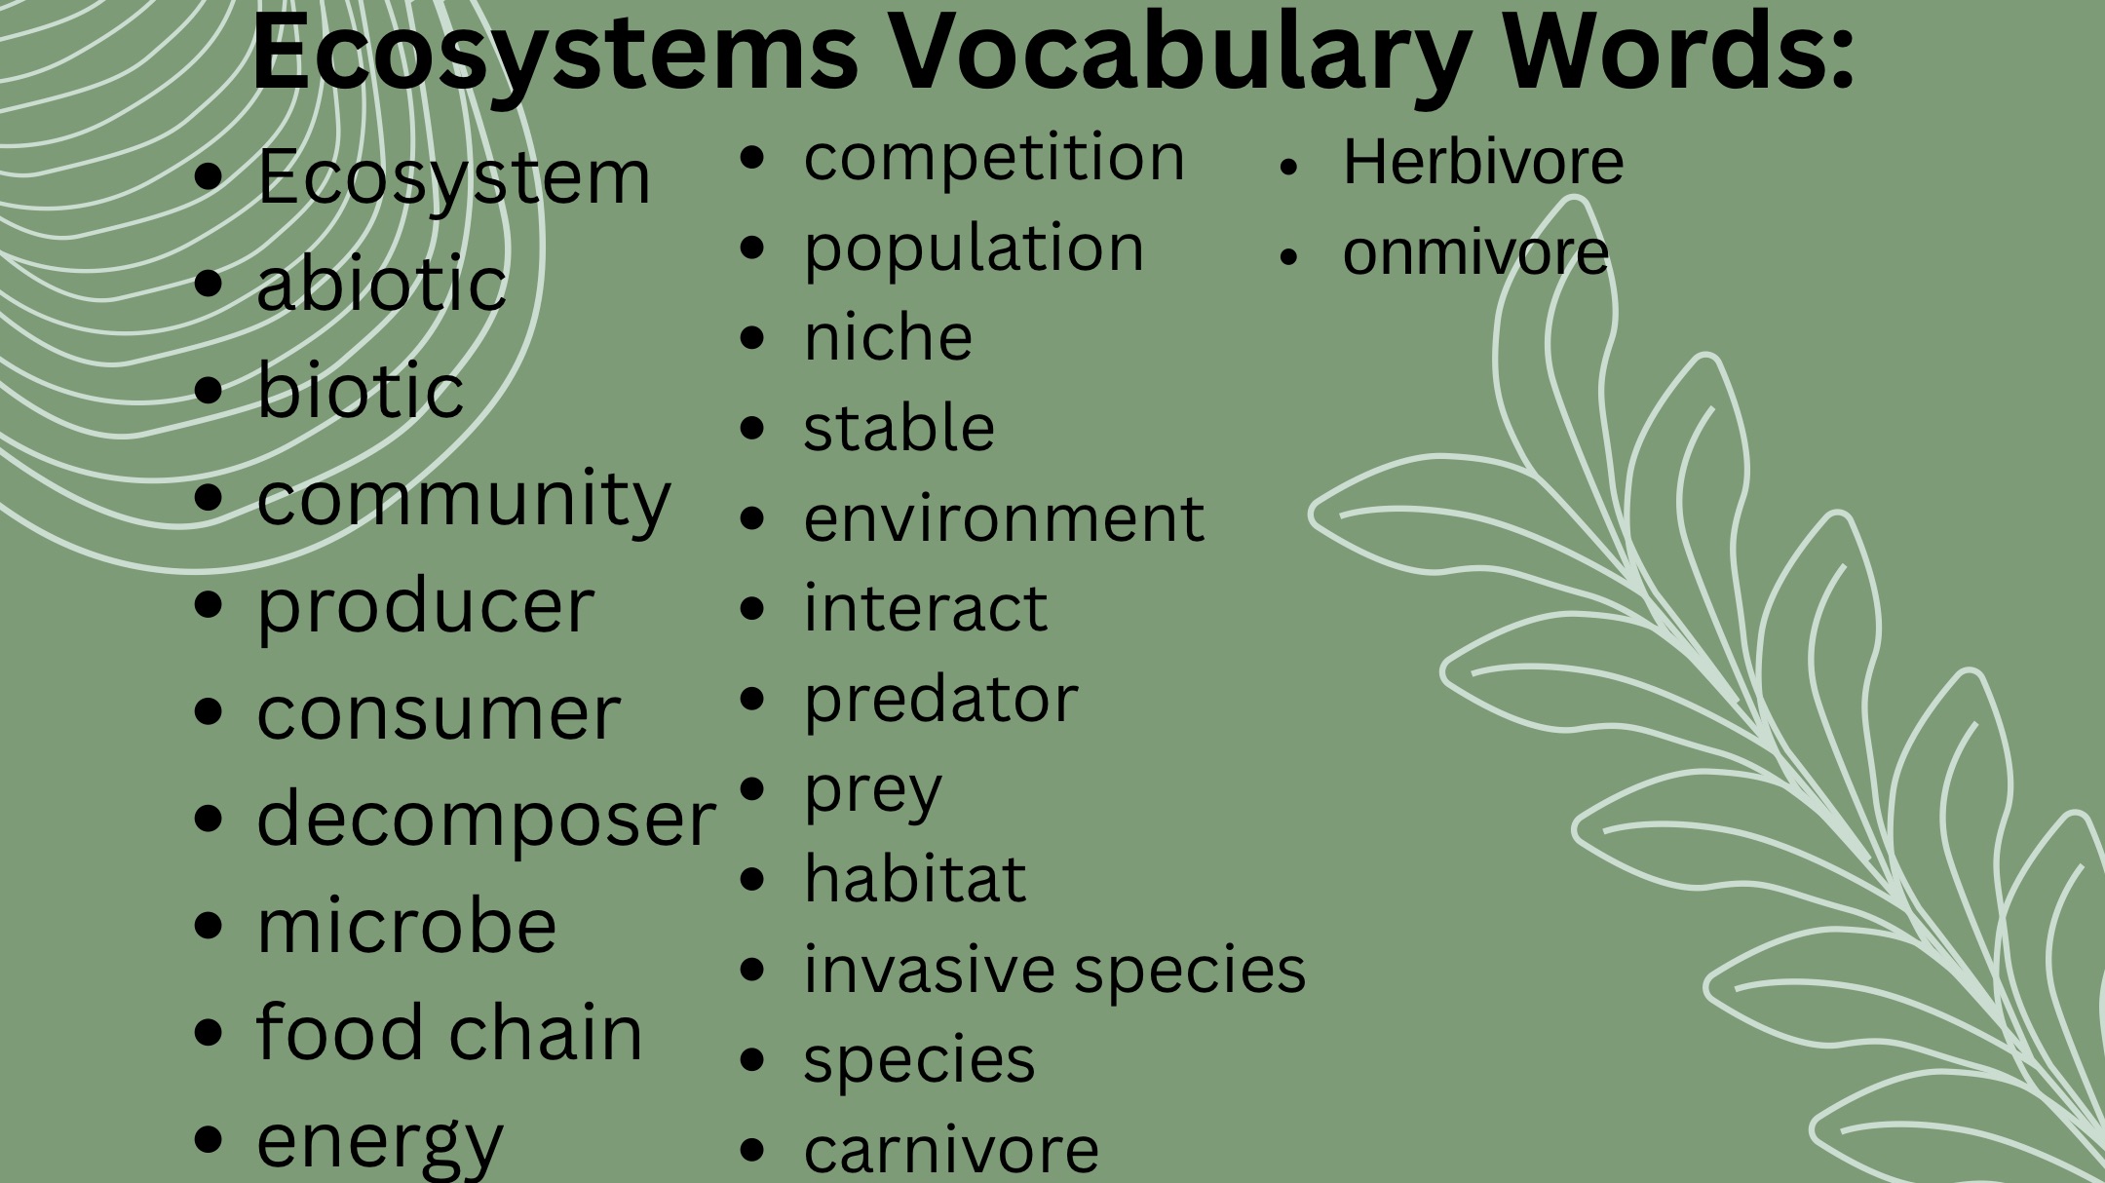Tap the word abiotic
pos(381,283)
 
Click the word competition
pos(994,158)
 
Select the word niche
pos(888,337)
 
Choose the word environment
pos(1004,518)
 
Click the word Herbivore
pos(1483,162)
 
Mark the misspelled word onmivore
pos(1475,253)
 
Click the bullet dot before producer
pos(209,605)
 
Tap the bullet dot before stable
pos(752,428)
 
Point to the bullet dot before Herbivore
pos(1289,167)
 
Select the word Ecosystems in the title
pos(555,54)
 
